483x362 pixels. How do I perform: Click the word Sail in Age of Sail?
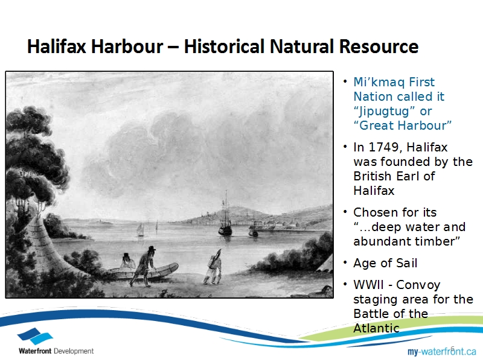pyautogui.click(x=406, y=263)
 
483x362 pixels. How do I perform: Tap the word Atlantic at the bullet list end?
pyautogui.click(x=376, y=328)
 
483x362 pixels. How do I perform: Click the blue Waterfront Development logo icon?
pyautogui.click(x=35, y=336)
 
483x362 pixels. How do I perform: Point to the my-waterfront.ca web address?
pyautogui.click(x=442, y=351)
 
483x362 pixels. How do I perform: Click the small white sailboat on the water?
pyautogui.click(x=141, y=230)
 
